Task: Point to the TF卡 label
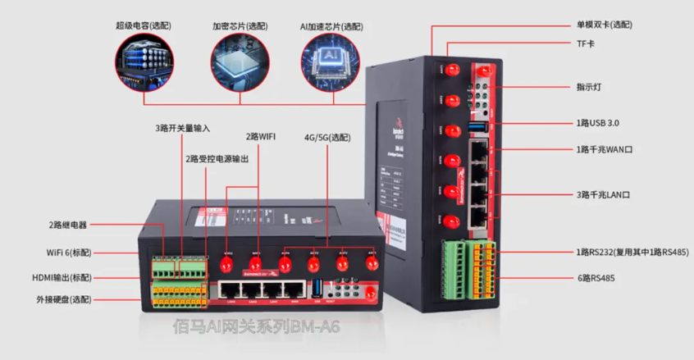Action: [585, 43]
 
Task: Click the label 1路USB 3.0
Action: [597, 123]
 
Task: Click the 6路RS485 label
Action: [596, 279]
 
